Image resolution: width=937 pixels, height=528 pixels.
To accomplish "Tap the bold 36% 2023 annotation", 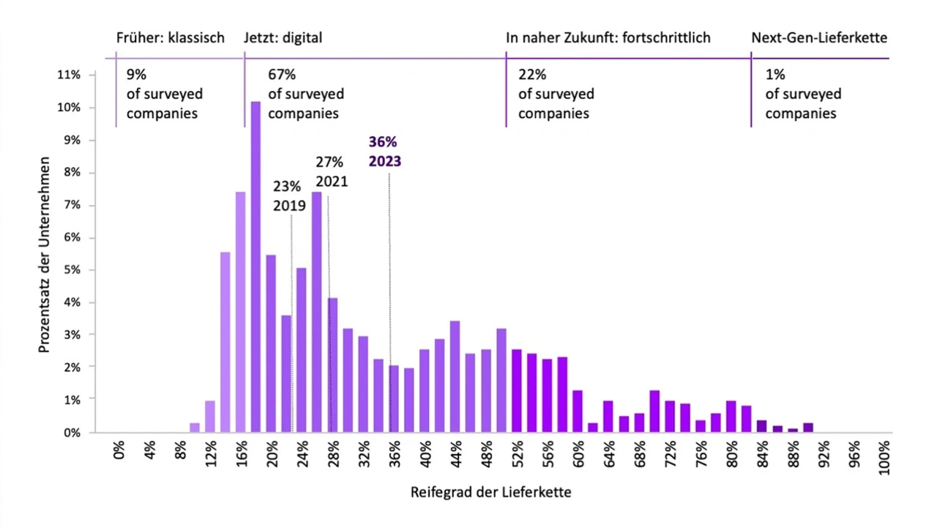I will [x=384, y=152].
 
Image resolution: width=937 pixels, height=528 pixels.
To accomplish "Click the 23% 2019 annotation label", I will [x=289, y=196].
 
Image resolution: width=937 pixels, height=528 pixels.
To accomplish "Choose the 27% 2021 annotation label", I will [x=332, y=171].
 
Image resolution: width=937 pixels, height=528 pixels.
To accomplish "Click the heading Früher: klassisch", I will [x=171, y=38].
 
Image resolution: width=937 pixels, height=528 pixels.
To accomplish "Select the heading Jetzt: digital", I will [x=283, y=38].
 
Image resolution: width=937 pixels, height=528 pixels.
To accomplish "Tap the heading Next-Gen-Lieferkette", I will [x=819, y=38].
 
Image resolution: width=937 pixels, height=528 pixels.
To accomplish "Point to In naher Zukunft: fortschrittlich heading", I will [x=608, y=38].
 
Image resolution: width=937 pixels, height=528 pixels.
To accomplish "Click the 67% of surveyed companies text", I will [x=306, y=94].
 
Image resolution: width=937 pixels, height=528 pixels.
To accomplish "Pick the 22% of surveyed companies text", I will [x=556, y=94].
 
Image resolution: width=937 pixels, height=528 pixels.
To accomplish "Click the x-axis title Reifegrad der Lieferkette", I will [x=490, y=492].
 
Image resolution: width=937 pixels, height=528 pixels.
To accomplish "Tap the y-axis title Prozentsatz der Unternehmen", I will [x=45, y=252].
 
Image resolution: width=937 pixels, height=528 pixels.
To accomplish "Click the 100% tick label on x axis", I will [x=884, y=458].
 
